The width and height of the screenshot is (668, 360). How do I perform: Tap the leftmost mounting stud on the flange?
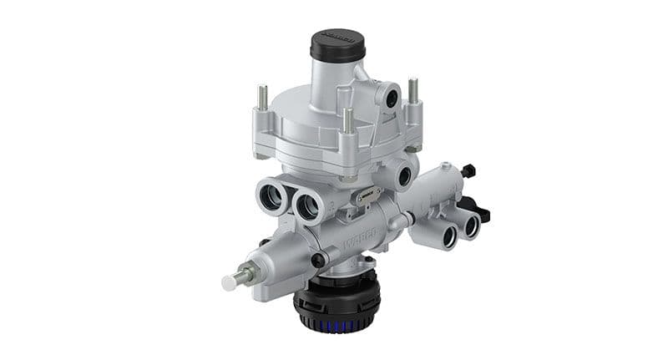click(x=262, y=96)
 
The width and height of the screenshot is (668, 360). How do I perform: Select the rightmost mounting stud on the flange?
click(x=412, y=90)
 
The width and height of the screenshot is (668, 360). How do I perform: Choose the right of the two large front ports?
click(x=306, y=204)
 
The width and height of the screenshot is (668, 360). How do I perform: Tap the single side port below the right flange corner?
click(x=405, y=176)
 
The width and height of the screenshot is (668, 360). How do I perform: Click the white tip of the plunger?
click(x=228, y=283)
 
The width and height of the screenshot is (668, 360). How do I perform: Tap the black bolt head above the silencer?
click(x=318, y=260)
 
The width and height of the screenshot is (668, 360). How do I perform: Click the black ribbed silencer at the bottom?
click(x=337, y=306)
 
